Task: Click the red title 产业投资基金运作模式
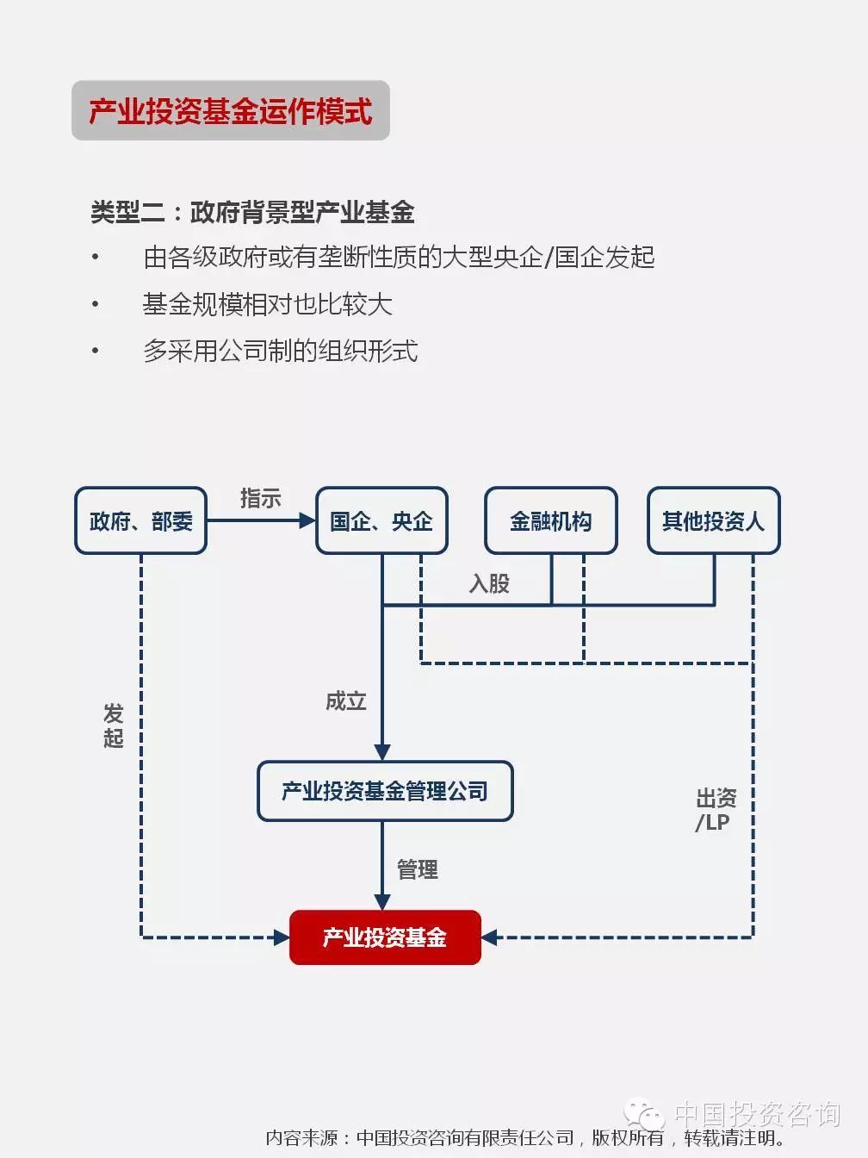[x=231, y=111]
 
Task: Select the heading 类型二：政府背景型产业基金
[x=252, y=213]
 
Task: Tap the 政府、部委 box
[x=140, y=520]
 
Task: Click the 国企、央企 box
[x=381, y=520]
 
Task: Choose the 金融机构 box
[x=551, y=520]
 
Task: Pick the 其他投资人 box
[x=714, y=520]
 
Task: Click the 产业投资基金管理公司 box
[x=385, y=791]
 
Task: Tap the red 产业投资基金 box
[x=385, y=937]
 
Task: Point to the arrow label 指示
[x=261, y=498]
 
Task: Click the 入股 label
[x=490, y=583]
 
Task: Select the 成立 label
[x=345, y=701]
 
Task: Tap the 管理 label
[x=418, y=869]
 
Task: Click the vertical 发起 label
[x=114, y=725]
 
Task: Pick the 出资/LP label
[x=716, y=810]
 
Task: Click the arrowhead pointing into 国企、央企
[x=307, y=520]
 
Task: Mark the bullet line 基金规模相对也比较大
[x=268, y=304]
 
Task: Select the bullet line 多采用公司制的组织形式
[x=281, y=351]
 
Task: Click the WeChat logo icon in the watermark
[x=644, y=1113]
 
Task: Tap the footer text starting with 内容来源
[x=524, y=1138]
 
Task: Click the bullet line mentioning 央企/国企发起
[x=399, y=258]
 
